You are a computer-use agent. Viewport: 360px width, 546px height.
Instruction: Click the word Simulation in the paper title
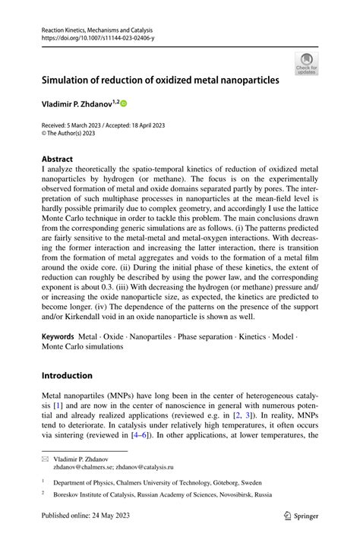pos(69,79)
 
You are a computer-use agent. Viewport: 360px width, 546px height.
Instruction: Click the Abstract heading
pos(58,160)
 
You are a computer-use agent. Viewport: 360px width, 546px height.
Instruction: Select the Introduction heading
pos(67,375)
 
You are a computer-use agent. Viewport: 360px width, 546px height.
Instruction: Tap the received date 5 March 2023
pos(90,124)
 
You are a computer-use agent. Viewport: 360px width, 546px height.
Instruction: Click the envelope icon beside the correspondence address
pos(45,459)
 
